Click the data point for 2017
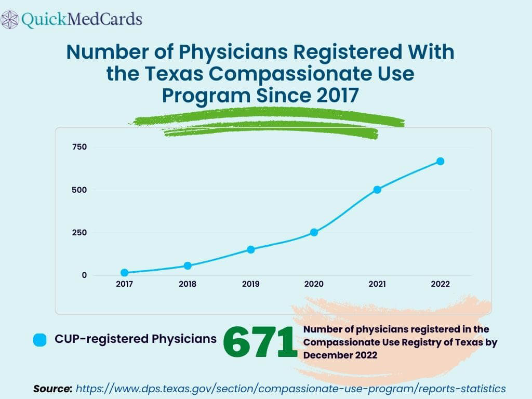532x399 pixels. (124, 273)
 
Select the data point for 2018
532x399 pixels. (188, 265)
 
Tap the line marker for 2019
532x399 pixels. (251, 249)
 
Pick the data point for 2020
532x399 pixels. (314, 232)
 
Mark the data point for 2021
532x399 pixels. (377, 190)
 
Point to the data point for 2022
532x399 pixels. (440, 161)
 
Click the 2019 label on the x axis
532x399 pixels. (251, 284)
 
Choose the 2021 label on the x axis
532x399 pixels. (377, 284)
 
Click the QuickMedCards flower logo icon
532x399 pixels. (10, 20)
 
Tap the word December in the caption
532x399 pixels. (326, 355)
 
